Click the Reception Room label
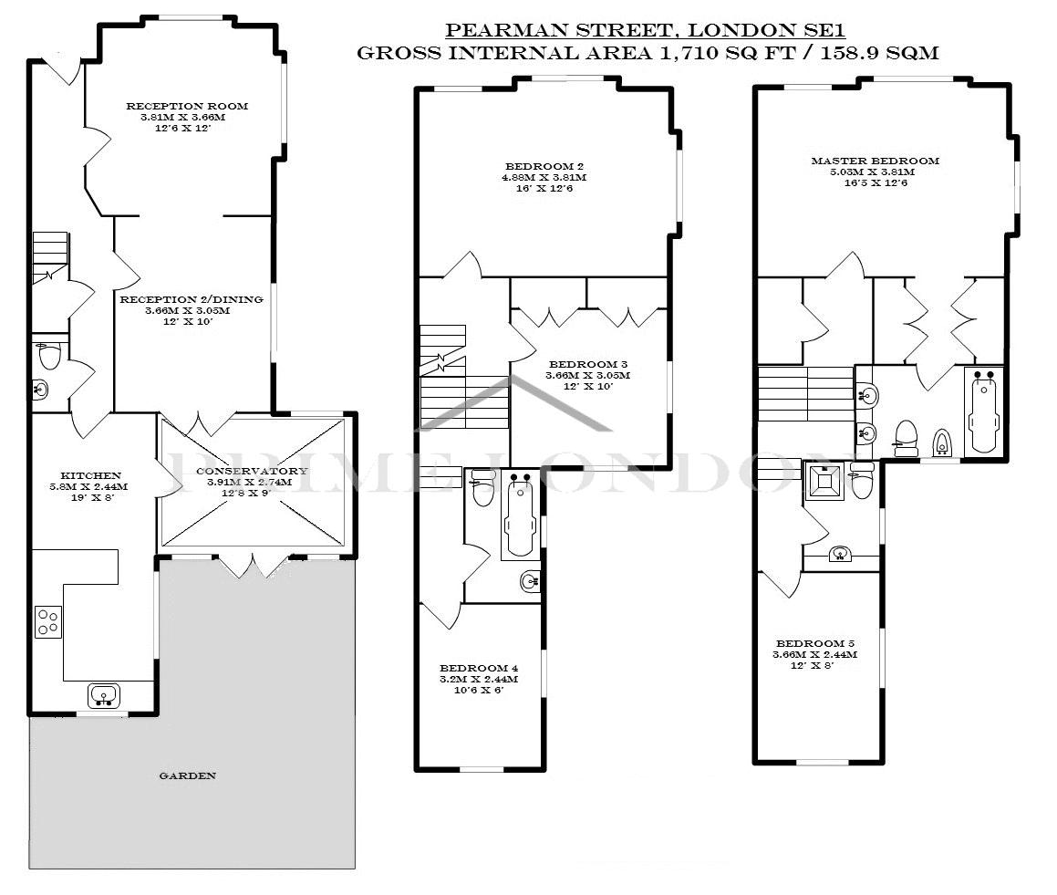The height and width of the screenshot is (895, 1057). pyautogui.click(x=187, y=106)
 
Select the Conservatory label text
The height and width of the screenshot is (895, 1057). pyautogui.click(x=252, y=471)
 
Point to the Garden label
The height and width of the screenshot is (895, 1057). pyautogui.click(x=187, y=775)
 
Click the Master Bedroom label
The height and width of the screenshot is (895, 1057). pyautogui.click(x=875, y=161)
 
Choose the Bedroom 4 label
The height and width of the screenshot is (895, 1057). pyautogui.click(x=479, y=669)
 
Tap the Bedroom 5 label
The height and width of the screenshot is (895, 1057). pyautogui.click(x=815, y=643)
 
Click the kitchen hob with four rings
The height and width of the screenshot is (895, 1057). pyautogui.click(x=47, y=622)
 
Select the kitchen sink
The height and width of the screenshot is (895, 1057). pyautogui.click(x=103, y=694)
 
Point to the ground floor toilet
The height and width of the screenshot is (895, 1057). pyautogui.click(x=49, y=355)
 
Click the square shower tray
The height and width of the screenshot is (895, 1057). pyautogui.click(x=824, y=481)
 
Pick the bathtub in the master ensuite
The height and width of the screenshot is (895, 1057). pyautogui.click(x=983, y=410)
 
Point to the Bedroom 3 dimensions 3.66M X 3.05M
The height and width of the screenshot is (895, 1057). pyautogui.click(x=588, y=376)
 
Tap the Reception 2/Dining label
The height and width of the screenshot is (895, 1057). pyautogui.click(x=192, y=299)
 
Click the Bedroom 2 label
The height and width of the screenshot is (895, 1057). pyautogui.click(x=544, y=167)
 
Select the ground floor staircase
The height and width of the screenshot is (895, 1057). pyautogui.click(x=50, y=257)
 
